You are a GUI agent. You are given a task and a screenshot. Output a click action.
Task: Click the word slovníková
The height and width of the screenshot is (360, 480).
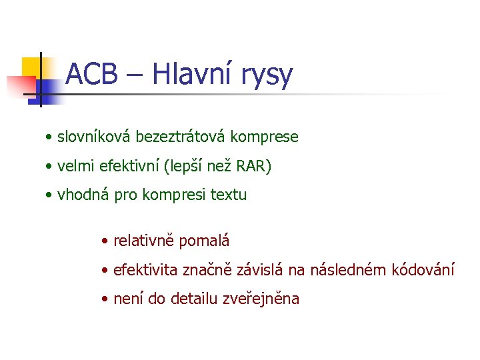coord(94,137)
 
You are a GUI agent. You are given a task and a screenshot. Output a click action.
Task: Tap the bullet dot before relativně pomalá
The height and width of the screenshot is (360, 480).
coord(105,241)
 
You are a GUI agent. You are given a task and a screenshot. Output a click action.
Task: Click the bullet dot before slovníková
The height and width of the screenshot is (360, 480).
coord(49,138)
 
